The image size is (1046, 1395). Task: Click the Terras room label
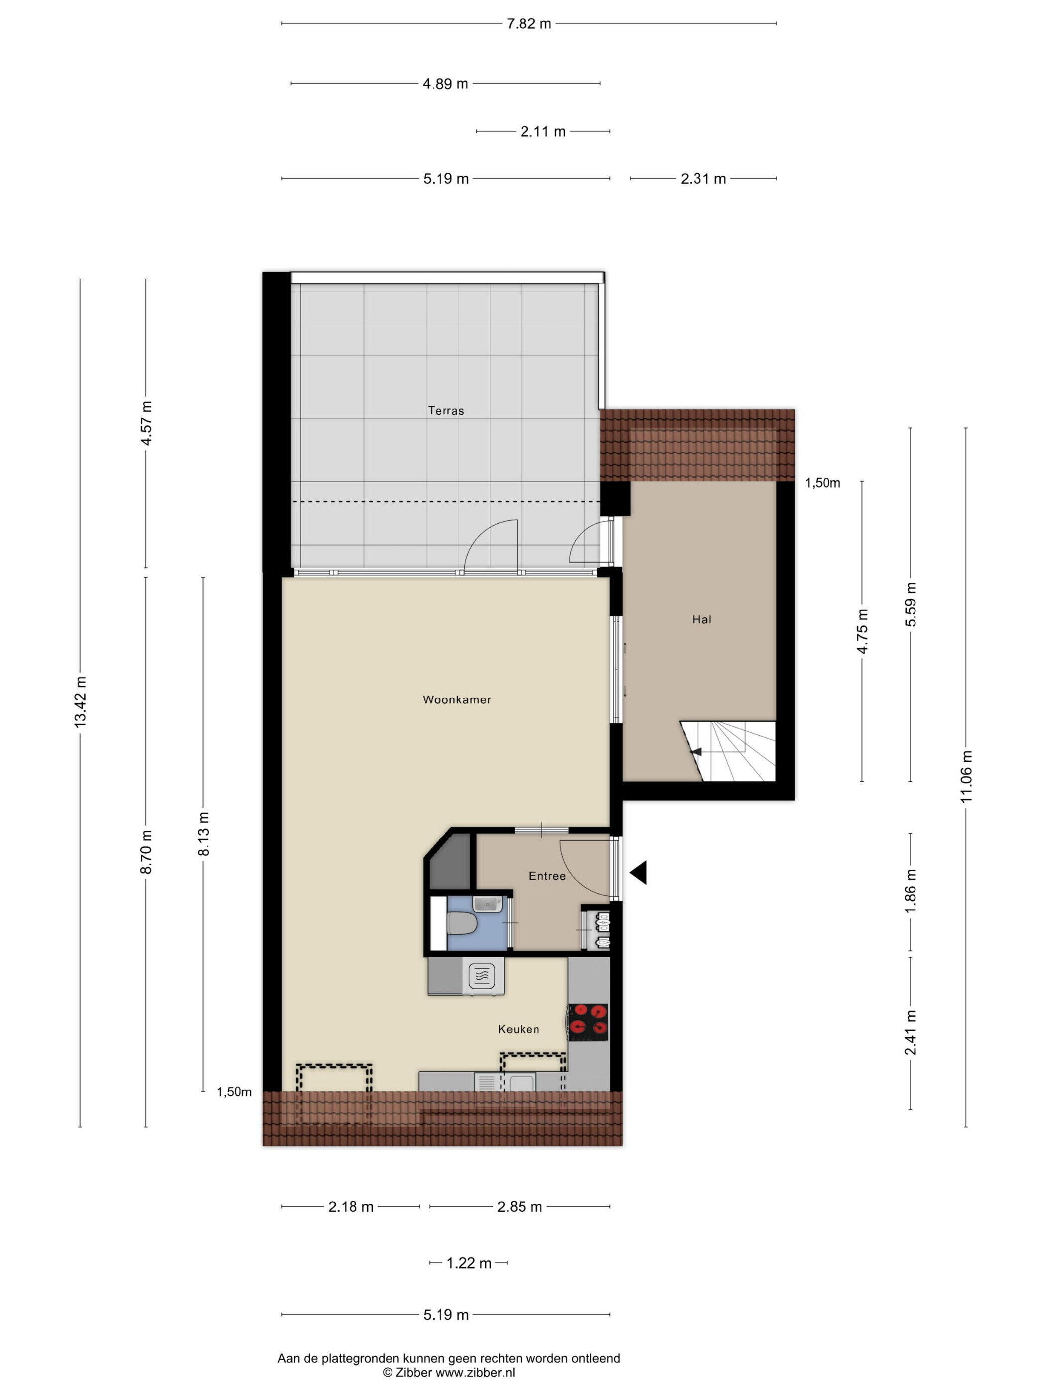point(446,411)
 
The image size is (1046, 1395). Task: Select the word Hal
point(701,619)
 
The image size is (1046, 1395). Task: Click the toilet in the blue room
point(462,925)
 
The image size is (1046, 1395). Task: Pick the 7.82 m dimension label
point(528,24)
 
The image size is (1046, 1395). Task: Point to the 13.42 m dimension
point(80,701)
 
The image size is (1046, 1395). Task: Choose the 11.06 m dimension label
point(966,776)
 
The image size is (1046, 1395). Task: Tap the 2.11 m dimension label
point(542,131)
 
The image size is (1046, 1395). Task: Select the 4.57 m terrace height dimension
point(146,422)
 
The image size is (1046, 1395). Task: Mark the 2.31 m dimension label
point(703,179)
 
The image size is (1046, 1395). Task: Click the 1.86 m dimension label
point(910,890)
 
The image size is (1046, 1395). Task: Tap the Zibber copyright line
point(448,1372)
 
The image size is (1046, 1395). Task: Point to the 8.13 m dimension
point(203,834)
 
